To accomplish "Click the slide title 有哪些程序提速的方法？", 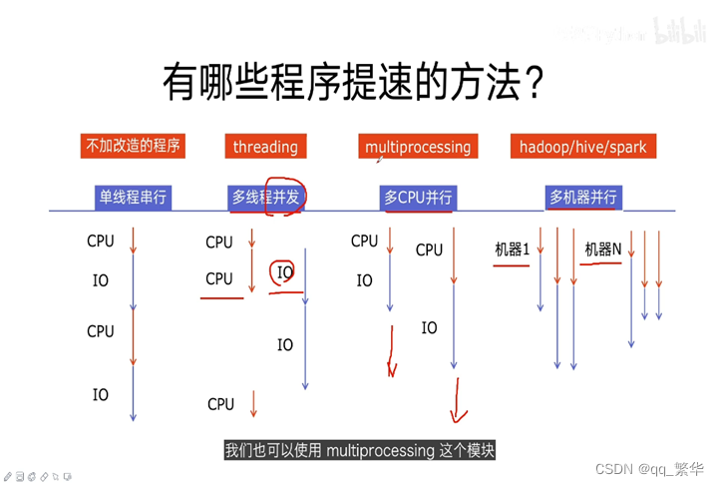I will pyautogui.click(x=353, y=85).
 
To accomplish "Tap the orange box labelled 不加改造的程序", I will pyautogui.click(x=133, y=146).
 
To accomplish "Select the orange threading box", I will pyautogui.click(x=265, y=147).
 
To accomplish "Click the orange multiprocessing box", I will pyautogui.click(x=418, y=147).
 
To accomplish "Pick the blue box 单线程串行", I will pyautogui.click(x=133, y=197).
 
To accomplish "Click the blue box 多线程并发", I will pyautogui.click(x=265, y=197).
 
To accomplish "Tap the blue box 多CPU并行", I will pyautogui.click(x=418, y=197).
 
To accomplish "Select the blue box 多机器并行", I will pyautogui.click(x=582, y=197).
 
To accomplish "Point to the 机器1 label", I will pyautogui.click(x=512, y=249).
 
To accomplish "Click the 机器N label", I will pyautogui.click(x=602, y=249).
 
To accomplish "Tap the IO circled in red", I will pyautogui.click(x=285, y=272).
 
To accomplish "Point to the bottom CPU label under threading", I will pyautogui.click(x=220, y=404).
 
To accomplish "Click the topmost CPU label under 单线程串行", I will pyautogui.click(x=101, y=241).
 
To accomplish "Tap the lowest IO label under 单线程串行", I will pyautogui.click(x=101, y=395).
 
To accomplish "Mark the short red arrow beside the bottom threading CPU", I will pyautogui.click(x=254, y=403).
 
